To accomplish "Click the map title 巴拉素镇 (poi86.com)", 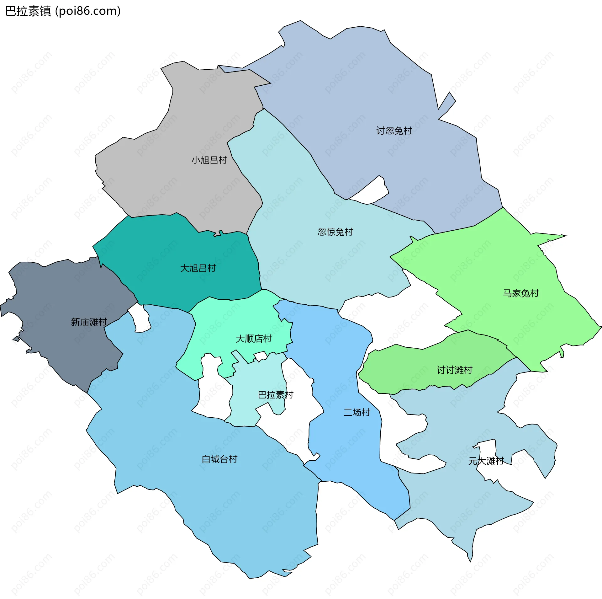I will click(x=63, y=11).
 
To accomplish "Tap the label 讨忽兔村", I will click(x=394, y=131).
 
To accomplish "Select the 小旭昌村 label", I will click(x=209, y=160).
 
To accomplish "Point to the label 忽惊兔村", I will click(x=335, y=232).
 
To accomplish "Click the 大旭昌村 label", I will click(x=198, y=268).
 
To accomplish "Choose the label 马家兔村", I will click(x=521, y=293).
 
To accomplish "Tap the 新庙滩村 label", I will click(x=89, y=322).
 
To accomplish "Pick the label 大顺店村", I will click(x=253, y=339).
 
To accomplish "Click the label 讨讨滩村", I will click(x=454, y=370).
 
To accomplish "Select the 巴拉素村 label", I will click(x=275, y=395).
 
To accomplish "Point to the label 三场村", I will click(x=357, y=412).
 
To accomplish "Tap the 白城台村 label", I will click(x=219, y=459).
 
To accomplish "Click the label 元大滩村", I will click(x=486, y=461).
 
